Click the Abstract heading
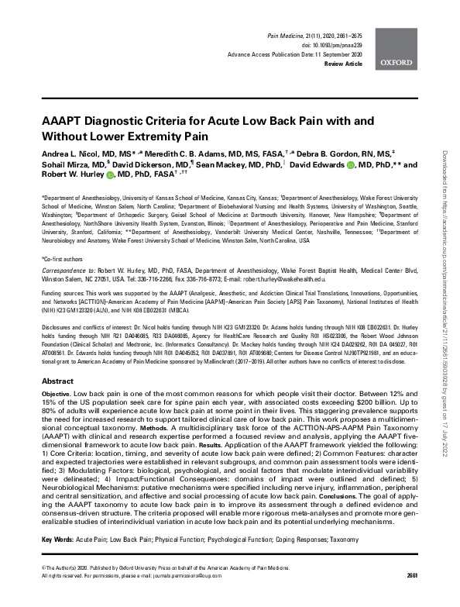pyautogui.click(x=57, y=382)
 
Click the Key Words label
pyautogui.click(x=60, y=516)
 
